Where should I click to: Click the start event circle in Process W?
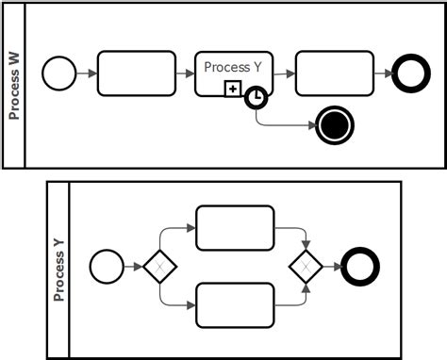click(x=58, y=74)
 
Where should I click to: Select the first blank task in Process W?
click(x=136, y=74)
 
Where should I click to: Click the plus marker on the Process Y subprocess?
click(x=232, y=88)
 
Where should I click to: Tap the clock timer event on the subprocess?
click(x=256, y=97)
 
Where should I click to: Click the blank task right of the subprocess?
click(x=334, y=74)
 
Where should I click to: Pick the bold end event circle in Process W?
click(x=411, y=74)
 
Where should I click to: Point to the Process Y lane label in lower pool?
click(x=58, y=270)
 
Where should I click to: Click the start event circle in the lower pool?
click(x=105, y=267)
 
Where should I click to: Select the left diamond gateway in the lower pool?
click(x=160, y=267)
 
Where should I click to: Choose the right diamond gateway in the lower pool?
click(x=306, y=267)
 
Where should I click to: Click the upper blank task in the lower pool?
click(x=234, y=227)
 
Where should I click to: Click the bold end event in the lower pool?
click(x=361, y=267)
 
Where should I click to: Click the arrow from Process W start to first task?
click(x=85, y=74)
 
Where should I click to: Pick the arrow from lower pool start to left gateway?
click(x=132, y=267)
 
